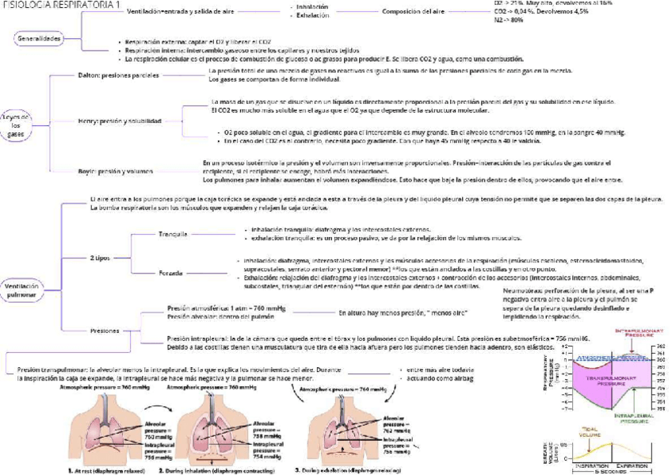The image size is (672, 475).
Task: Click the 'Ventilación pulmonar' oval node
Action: [21, 289]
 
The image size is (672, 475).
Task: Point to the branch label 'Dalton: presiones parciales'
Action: [118, 76]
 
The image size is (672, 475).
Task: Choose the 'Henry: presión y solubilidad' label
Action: [120, 121]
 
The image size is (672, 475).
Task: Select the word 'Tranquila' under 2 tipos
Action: [172, 235]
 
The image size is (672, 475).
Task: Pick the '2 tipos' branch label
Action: [100, 258]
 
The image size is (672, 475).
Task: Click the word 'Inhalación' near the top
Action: [311, 6]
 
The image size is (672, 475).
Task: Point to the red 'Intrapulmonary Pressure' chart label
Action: [625, 335]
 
